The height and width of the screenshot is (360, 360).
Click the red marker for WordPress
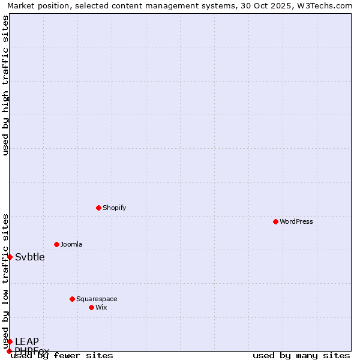(275, 221)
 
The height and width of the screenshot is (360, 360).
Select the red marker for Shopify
(98, 208)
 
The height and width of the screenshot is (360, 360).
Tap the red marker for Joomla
(56, 244)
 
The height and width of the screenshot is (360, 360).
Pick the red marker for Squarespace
(72, 299)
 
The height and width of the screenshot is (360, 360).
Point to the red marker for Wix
(91, 307)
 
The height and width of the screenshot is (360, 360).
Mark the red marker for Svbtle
(10, 257)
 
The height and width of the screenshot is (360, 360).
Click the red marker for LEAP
(10, 341)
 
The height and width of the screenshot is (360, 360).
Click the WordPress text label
(296, 221)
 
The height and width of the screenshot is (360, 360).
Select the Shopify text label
(114, 208)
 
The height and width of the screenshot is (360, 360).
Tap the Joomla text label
(71, 244)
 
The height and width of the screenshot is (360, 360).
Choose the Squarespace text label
(97, 299)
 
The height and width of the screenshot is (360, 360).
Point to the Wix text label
(101, 307)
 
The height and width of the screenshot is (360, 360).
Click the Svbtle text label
(30, 257)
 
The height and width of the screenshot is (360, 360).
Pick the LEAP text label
(27, 342)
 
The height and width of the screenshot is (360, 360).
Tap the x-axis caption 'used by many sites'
(301, 355)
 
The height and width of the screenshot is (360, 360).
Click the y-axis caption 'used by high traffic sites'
(5, 85)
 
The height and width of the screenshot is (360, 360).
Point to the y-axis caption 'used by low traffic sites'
(5, 281)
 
